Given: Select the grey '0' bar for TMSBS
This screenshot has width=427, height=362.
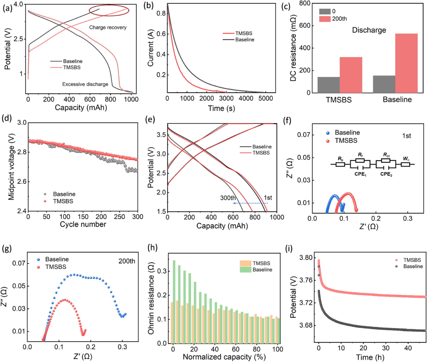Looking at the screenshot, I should point(329,85).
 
